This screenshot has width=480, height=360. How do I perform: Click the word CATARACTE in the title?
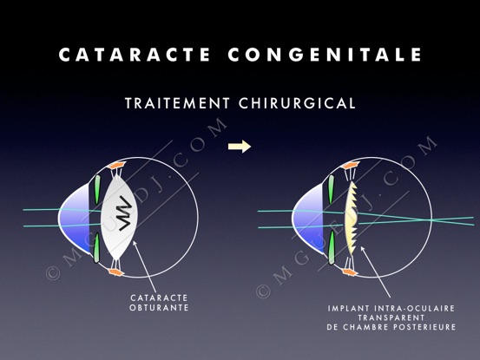point(134,55)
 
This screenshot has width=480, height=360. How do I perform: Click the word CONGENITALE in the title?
point(325,55)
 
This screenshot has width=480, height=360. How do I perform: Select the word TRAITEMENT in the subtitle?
point(177,103)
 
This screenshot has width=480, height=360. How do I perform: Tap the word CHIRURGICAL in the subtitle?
point(297,103)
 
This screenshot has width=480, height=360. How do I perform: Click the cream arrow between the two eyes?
point(240,147)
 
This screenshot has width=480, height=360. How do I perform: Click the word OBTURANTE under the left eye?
point(159,307)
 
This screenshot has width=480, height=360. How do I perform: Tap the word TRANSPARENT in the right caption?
point(391,317)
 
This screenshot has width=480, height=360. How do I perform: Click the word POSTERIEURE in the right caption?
point(424,327)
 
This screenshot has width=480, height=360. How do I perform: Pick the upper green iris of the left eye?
point(97,189)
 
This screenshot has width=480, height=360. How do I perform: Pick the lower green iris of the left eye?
point(96,248)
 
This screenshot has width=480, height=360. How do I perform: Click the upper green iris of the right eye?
point(331,189)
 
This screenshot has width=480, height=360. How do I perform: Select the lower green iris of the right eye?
point(332,247)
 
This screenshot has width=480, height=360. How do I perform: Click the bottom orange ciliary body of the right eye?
point(350,272)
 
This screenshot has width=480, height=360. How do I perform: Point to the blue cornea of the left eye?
point(76,218)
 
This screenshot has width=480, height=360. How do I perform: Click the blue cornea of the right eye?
point(309,218)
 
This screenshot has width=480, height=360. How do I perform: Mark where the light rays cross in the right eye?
point(431,220)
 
